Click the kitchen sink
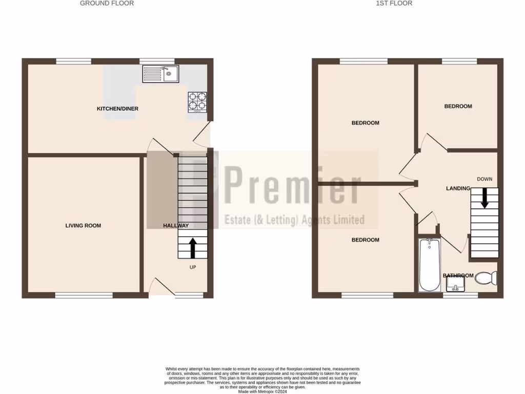pyautogui.click(x=160, y=74)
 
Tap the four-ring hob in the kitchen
pyautogui.click(x=197, y=102)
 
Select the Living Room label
pyautogui.click(x=83, y=226)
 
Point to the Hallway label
pyautogui.click(x=176, y=226)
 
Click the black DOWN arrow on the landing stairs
pyautogui.click(x=484, y=198)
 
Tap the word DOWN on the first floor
pyautogui.click(x=484, y=179)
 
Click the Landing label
pyautogui.click(x=458, y=189)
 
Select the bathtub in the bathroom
pyautogui.click(x=429, y=265)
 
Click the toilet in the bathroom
pyautogui.click(x=486, y=279)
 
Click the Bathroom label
pyautogui.click(x=458, y=275)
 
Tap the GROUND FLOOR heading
pyautogui.click(x=107, y=3)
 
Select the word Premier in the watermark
pyautogui.click(x=292, y=188)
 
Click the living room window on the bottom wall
pyautogui.click(x=84, y=295)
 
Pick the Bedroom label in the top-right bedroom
pyautogui.click(x=458, y=106)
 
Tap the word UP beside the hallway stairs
pyautogui.click(x=193, y=267)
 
